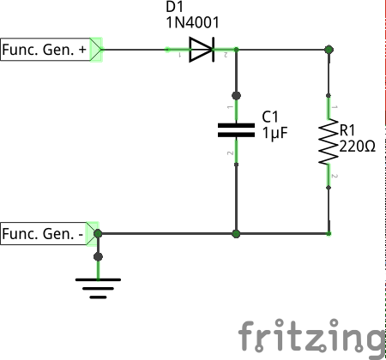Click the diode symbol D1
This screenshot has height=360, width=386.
(x=202, y=50)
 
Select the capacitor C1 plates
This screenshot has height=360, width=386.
(x=236, y=130)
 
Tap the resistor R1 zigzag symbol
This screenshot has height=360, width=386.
(x=329, y=141)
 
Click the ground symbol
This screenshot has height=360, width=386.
(x=98, y=288)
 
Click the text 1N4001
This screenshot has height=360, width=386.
(x=192, y=22)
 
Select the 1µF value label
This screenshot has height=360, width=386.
(x=274, y=133)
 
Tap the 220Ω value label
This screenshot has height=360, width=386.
(x=357, y=147)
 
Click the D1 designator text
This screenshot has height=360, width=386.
(x=174, y=7)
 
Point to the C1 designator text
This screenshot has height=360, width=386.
(x=270, y=117)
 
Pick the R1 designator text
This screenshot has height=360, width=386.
(x=347, y=130)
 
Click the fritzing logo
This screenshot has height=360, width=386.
(x=311, y=336)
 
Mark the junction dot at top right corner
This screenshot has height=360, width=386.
(x=329, y=50)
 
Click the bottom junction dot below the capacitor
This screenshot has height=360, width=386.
(x=236, y=234)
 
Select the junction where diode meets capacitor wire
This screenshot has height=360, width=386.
(x=236, y=50)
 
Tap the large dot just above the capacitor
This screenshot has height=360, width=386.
(x=236, y=96)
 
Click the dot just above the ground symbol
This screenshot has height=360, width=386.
(x=98, y=256)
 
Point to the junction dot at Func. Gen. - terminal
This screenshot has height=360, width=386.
(x=98, y=234)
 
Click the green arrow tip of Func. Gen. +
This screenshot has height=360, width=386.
(x=101, y=50)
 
